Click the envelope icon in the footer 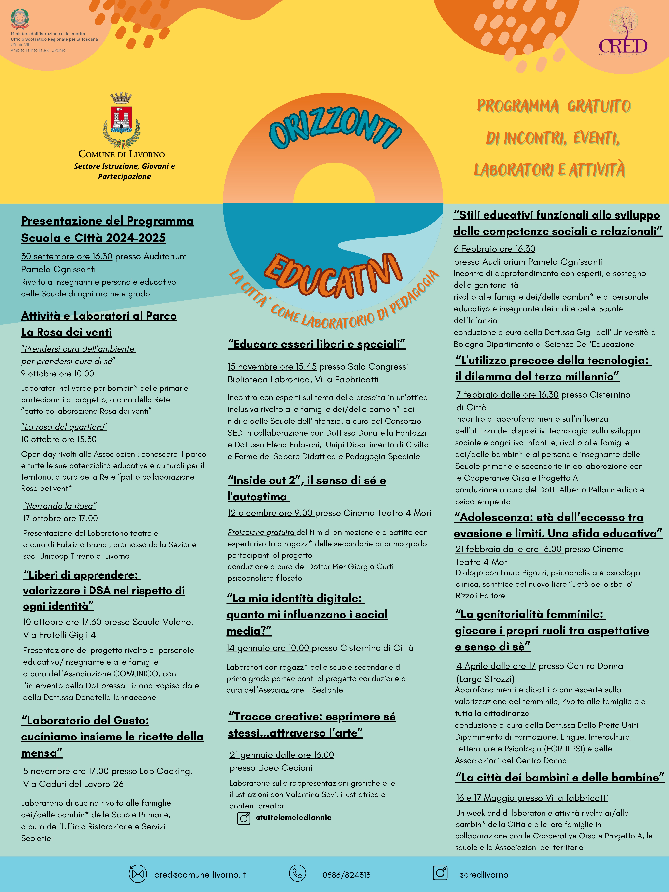coord(138,874)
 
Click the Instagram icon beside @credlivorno coord(440,873)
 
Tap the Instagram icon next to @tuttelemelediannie coord(244,819)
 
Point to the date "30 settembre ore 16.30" coord(67,256)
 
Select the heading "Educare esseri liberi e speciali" coord(317,344)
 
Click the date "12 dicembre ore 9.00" coord(270,513)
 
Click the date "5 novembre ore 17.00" coord(66,771)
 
